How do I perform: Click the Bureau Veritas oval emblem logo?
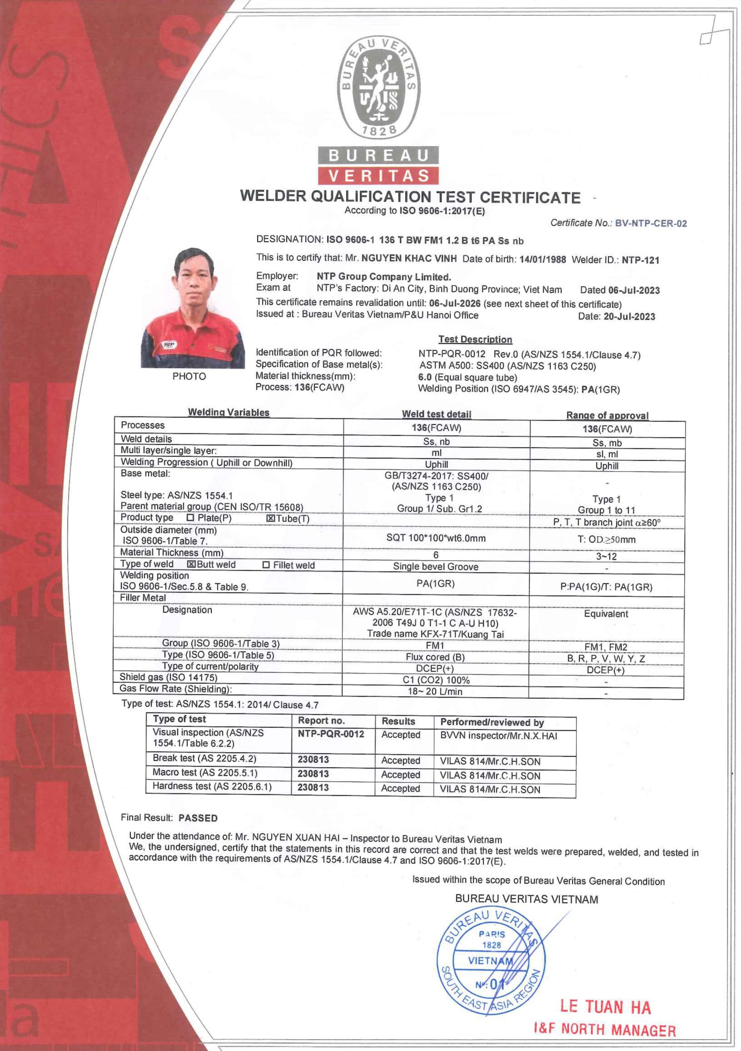point(378,87)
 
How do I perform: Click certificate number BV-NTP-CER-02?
point(650,223)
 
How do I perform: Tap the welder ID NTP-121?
point(640,260)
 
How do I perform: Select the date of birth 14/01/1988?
point(542,259)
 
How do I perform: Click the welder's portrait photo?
point(192,307)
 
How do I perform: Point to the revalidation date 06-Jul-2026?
point(455,303)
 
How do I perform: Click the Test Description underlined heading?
point(475,339)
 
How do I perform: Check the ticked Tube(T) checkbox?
point(270,519)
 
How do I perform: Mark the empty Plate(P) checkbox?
point(190,518)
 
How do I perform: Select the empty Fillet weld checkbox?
point(266,565)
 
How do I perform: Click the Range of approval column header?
point(607,415)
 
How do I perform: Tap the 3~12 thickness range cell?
point(606,556)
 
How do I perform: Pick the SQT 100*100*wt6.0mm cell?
point(435,538)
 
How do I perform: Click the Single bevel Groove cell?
point(435,566)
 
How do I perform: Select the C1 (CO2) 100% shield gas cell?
point(435,680)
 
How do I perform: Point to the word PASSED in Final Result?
point(198,817)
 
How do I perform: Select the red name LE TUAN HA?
point(605,1007)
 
